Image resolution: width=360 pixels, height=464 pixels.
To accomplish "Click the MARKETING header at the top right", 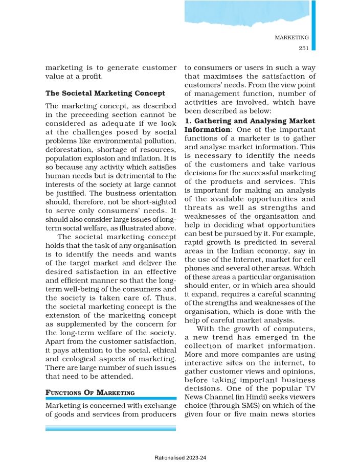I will tap(291, 37).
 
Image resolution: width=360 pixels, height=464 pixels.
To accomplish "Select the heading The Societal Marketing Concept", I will tap(105, 94).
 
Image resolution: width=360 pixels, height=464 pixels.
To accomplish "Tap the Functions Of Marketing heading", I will tap(90, 392).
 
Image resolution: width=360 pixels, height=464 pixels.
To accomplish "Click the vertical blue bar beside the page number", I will tap(313, 25).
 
